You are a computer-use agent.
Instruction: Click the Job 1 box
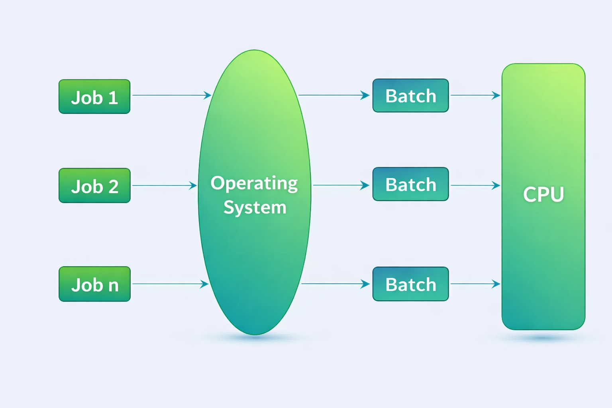coord(94,96)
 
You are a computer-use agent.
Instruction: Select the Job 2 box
coord(94,185)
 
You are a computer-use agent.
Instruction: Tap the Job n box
coord(94,284)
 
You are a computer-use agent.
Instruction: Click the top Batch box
coord(411,95)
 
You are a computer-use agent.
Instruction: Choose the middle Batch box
coord(411,184)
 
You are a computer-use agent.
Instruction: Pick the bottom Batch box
coord(411,284)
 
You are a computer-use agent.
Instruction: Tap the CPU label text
coord(543,194)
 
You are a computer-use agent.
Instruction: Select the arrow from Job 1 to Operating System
coord(172,95)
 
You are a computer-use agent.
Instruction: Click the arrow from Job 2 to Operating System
coord(165,186)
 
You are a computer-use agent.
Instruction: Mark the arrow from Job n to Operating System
coord(171,284)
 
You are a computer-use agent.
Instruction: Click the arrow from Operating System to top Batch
coord(334,95)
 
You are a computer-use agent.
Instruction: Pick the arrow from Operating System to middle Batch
coord(341,185)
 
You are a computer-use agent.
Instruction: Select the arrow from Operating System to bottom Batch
coord(335,284)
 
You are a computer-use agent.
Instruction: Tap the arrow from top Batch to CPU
coord(475,95)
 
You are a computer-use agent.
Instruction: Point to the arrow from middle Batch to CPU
coord(475,186)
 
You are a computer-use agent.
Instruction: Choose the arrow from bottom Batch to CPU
coord(475,284)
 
